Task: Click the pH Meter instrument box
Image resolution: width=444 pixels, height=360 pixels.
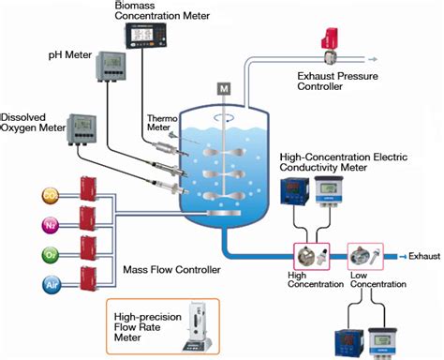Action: [113, 66]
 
